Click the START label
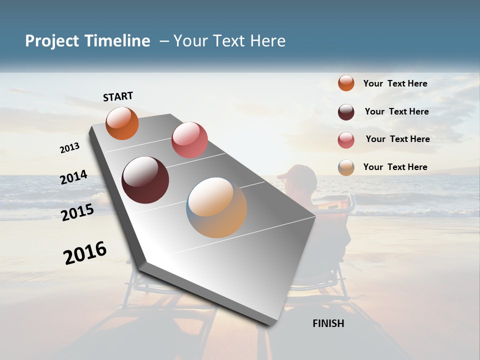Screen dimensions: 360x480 [118, 96]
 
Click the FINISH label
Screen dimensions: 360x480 [328, 323]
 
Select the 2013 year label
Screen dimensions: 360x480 [69, 147]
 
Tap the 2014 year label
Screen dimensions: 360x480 [73, 177]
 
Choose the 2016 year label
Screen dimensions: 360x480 [85, 253]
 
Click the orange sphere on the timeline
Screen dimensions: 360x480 [122, 123]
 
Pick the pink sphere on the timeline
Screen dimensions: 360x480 [189, 140]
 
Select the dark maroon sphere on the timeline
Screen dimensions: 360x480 [145, 180]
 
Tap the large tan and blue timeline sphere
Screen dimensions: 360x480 [216, 207]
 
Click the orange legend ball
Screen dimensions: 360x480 [346, 83]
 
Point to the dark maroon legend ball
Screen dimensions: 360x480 [346, 112]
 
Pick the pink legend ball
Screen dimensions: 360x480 [346, 140]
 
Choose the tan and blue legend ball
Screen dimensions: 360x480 [346, 167]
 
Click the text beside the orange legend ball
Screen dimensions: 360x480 [395, 83]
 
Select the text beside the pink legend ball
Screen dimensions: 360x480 [397, 139]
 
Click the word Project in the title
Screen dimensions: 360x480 [52, 41]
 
